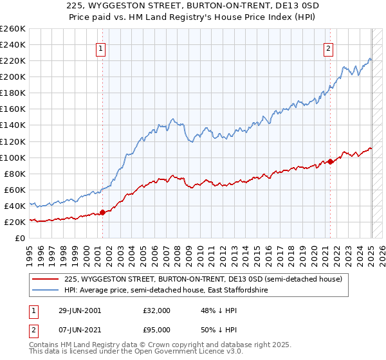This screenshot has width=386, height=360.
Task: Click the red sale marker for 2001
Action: pyautogui.click(x=102, y=212)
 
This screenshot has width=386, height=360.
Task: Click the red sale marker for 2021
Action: pyautogui.click(x=330, y=161)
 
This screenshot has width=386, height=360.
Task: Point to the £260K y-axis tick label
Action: pyautogui.click(x=12, y=29)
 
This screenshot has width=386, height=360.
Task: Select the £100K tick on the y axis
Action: pyautogui.click(x=12, y=157)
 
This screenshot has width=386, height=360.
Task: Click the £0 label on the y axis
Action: pyautogui.click(x=19, y=238)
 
